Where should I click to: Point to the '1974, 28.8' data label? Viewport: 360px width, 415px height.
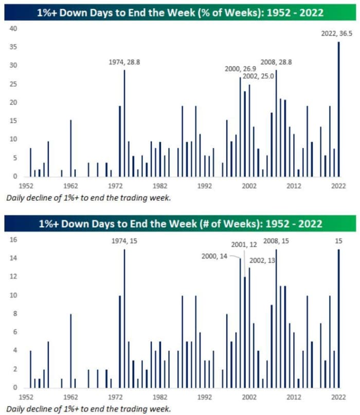pyautogui.click(x=124, y=62)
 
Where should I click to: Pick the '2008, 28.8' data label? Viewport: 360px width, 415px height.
pyautogui.click(x=277, y=62)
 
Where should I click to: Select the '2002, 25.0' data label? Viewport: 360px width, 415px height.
pyautogui.click(x=258, y=76)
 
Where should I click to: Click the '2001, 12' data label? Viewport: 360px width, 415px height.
pyautogui.click(x=243, y=245)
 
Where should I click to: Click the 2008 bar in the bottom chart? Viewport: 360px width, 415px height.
pyautogui.click(x=276, y=319)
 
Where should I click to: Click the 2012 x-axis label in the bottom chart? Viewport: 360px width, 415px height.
pyautogui.click(x=294, y=397)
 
